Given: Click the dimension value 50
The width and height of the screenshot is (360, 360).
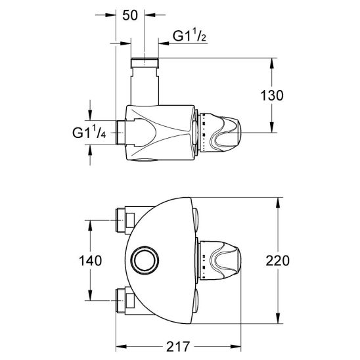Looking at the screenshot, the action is (x=130, y=16).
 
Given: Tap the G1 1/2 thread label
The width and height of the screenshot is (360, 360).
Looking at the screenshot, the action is (x=189, y=36).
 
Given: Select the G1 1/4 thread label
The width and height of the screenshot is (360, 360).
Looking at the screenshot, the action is (x=89, y=133).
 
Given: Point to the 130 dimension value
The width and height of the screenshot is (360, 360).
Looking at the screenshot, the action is (x=272, y=95).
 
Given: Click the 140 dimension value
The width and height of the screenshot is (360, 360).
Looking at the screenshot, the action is (x=90, y=261).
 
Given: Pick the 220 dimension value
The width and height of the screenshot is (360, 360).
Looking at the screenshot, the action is (x=278, y=261).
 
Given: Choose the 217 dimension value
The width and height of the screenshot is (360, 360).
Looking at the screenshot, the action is (x=179, y=347).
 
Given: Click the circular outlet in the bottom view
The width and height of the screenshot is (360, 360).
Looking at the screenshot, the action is (x=145, y=260).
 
